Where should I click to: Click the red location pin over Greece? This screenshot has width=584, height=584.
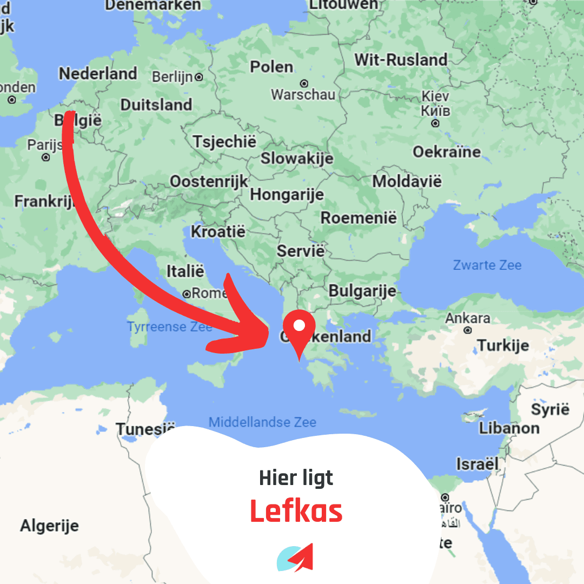(299, 328)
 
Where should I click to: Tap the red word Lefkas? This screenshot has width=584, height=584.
(296, 511)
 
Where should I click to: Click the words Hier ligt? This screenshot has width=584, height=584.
(296, 478)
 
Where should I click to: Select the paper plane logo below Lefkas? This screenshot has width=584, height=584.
(295, 558)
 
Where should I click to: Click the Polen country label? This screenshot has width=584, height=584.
(271, 67)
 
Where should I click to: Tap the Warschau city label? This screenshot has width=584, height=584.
(303, 95)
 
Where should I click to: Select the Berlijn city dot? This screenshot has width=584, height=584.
(199, 77)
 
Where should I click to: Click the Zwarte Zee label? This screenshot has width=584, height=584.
(487, 265)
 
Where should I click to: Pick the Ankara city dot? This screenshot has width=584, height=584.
(468, 330)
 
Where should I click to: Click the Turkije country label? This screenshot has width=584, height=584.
(502, 346)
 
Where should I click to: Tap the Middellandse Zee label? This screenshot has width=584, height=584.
(262, 422)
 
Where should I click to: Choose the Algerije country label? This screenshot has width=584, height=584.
(49, 525)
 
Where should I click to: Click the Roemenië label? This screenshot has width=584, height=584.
(359, 218)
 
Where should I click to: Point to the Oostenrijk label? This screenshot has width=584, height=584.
(209, 181)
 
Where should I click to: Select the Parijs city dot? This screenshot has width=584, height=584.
(46, 157)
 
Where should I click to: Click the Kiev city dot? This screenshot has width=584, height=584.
(435, 123)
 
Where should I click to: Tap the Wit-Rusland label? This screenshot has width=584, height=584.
(401, 59)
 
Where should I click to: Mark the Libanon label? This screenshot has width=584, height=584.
(509, 428)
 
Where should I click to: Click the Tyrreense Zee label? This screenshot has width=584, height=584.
(162, 327)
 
